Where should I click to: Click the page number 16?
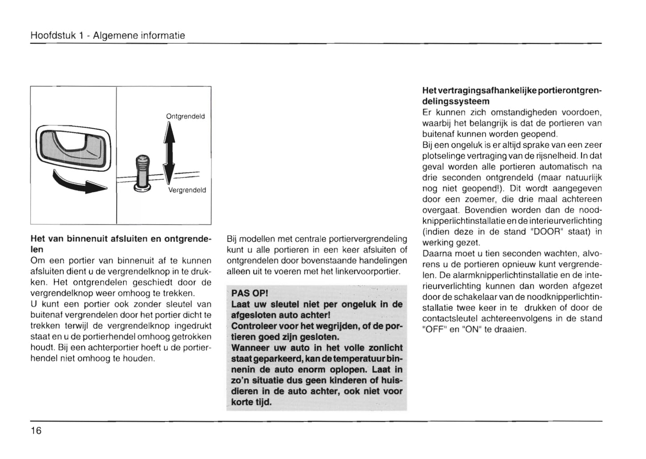click(x=36, y=431)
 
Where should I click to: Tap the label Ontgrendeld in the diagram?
click(x=185, y=116)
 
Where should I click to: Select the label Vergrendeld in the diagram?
click(x=187, y=190)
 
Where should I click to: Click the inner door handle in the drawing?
click(x=73, y=147)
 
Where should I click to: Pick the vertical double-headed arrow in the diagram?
click(x=169, y=152)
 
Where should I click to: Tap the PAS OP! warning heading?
click(x=249, y=293)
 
